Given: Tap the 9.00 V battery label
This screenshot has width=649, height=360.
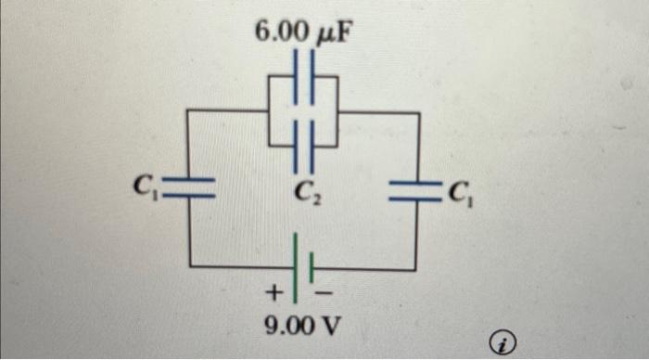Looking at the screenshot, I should (301, 326).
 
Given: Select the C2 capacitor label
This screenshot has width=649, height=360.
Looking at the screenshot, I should (304, 194).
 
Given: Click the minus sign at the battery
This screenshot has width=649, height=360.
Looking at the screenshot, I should (325, 295).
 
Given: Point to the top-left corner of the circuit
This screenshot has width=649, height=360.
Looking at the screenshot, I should (191, 109).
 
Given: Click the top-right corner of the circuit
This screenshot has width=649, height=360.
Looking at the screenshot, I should (420, 112).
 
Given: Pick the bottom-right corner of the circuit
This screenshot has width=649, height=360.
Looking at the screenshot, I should (418, 270).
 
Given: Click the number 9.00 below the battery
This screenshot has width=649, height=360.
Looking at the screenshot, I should (288, 326).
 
